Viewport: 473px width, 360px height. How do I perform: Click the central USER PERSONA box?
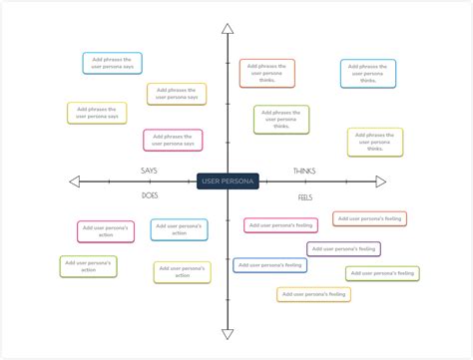coord(228,181)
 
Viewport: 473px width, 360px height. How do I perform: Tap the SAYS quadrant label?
coord(148,171)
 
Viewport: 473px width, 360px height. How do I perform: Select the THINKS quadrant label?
coord(304,171)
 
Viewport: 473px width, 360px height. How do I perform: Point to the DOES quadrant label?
coord(150,195)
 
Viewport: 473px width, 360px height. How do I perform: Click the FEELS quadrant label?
coord(305,197)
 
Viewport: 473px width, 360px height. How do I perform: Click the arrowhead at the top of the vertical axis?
coord(228,29)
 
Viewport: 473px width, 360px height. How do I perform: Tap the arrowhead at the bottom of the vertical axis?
coord(228,334)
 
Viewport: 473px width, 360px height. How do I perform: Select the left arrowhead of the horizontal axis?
coord(74,181)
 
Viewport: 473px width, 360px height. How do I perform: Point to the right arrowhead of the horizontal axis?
coord(380,181)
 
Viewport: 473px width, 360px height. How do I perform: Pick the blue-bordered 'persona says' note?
coord(112,63)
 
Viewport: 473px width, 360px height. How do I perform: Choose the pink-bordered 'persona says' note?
coord(173,140)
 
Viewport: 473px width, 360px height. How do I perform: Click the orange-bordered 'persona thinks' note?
coord(266,73)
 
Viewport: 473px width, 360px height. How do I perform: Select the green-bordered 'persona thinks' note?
coord(281,120)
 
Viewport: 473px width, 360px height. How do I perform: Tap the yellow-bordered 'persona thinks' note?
coord(375,142)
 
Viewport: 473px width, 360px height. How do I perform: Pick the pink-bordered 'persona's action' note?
coord(106,231)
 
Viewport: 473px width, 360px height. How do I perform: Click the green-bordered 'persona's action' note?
coord(88,266)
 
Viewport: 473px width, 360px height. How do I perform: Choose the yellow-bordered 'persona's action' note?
coord(182,272)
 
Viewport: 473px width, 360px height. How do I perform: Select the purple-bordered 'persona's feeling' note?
coord(343,248)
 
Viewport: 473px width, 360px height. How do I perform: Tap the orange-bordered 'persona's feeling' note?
coord(369,218)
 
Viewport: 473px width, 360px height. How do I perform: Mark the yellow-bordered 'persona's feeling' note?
coord(313,294)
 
